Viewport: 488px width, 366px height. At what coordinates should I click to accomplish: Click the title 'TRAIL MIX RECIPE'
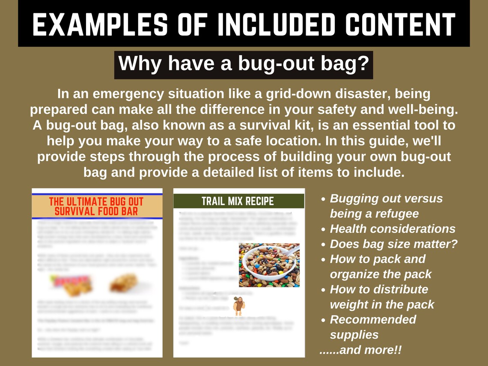tap(238, 201)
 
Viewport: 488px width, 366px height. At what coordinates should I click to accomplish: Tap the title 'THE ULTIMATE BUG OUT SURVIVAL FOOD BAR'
tap(96, 206)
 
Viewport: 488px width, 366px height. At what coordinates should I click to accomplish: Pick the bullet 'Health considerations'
tap(393, 229)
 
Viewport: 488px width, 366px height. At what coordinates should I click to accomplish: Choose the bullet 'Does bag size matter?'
tap(393, 244)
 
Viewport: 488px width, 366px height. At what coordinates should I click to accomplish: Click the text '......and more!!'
tap(360, 349)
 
